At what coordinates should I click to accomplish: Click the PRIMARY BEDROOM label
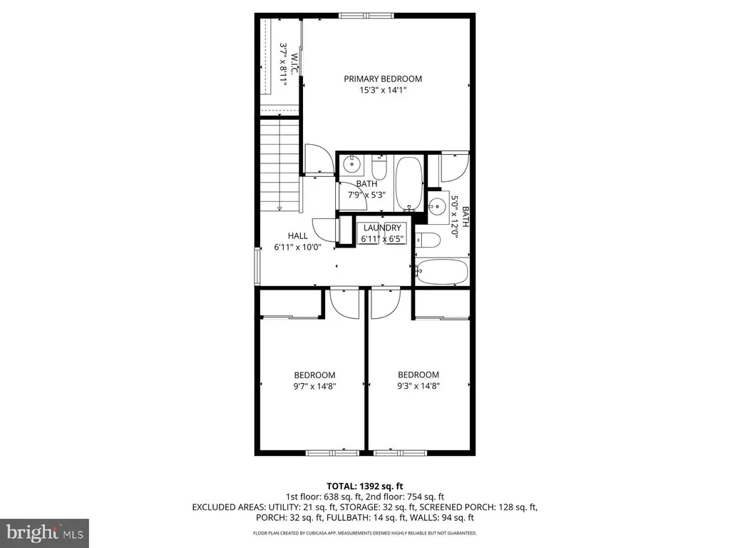pyautogui.click(x=383, y=79)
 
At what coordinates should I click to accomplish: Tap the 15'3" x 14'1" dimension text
pyautogui.click(x=383, y=91)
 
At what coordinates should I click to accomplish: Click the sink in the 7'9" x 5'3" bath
pyautogui.click(x=351, y=166)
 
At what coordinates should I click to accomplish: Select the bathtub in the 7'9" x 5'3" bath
pyautogui.click(x=409, y=183)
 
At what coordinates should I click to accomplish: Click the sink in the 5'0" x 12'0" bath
pyautogui.click(x=436, y=205)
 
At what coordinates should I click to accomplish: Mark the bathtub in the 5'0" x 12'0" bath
pyautogui.click(x=442, y=272)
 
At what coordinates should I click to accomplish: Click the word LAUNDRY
pyautogui.click(x=381, y=228)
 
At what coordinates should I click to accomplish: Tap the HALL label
pyautogui.click(x=298, y=236)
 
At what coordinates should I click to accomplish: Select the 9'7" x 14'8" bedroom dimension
pyautogui.click(x=315, y=386)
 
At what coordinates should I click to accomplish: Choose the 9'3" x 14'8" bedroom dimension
pyautogui.click(x=418, y=386)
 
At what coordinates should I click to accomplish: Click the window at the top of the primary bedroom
pyautogui.click(x=366, y=15)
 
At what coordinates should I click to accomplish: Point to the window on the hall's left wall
pyautogui.click(x=257, y=267)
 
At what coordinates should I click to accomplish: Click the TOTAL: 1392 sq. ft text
pyautogui.click(x=364, y=486)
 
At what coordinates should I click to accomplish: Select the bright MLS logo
pyautogui.click(x=44, y=532)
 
